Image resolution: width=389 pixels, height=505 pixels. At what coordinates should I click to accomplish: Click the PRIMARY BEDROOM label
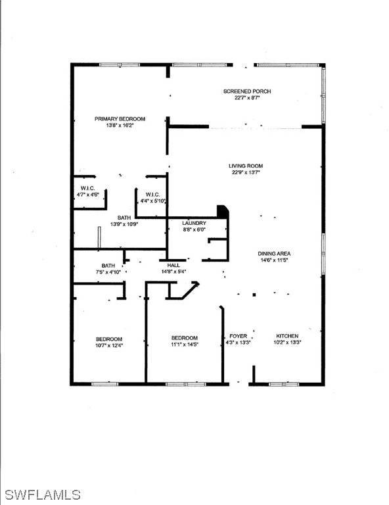120,119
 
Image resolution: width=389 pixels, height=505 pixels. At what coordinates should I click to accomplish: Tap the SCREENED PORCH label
247,91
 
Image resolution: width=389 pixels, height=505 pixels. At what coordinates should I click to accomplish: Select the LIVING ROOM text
246,166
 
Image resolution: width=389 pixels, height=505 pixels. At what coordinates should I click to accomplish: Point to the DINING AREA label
274,253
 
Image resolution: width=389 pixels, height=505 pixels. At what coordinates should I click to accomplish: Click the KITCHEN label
287,336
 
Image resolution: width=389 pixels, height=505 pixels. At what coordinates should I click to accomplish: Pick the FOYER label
238,336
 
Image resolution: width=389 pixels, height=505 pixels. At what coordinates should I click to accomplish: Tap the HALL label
173,265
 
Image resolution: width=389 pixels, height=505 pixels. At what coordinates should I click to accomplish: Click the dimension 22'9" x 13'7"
246,172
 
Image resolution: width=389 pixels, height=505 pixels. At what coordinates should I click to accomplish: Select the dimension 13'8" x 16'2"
120,126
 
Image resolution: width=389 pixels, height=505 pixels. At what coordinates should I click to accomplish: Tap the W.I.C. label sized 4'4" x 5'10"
152,194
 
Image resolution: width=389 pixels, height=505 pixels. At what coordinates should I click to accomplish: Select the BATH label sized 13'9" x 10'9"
124,218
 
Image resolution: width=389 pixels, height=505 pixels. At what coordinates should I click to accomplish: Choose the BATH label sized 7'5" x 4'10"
108,265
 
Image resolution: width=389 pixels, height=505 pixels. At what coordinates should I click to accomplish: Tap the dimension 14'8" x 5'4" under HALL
173,271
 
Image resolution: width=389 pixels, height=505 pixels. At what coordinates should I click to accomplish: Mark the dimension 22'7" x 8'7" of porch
247,98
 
